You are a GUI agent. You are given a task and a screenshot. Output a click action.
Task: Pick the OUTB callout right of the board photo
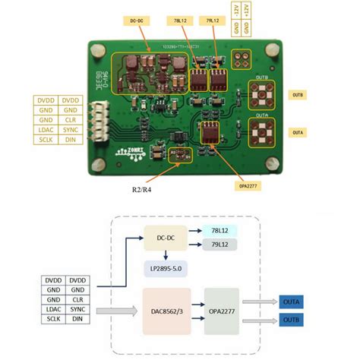[298, 95]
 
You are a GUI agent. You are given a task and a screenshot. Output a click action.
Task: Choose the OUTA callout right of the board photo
[298, 131]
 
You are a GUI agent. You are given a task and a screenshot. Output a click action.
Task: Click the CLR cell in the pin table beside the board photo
[71, 120]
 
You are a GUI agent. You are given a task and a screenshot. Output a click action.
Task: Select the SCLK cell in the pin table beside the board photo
[46, 140]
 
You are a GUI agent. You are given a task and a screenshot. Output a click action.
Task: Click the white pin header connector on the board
[96, 121]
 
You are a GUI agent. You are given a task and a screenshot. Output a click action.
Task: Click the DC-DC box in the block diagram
[164, 237]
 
